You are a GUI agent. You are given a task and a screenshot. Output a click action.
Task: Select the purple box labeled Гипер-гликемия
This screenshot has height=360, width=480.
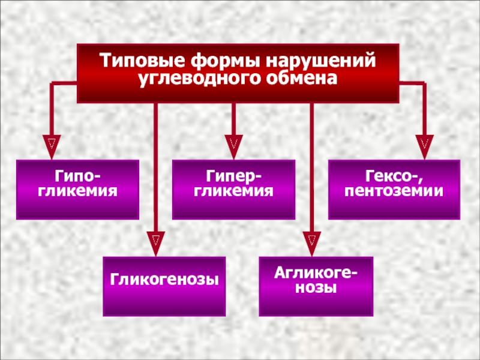tap(234, 188)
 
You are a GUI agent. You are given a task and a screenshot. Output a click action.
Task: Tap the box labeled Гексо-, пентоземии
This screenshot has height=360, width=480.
tap(394, 188)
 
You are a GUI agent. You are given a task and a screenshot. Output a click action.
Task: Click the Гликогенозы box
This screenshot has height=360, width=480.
tap(164, 286)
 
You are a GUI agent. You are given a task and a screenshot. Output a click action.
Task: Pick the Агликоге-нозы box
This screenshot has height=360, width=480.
tap(316, 286)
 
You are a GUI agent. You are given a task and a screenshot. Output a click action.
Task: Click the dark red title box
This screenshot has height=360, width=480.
tap(238, 71)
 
